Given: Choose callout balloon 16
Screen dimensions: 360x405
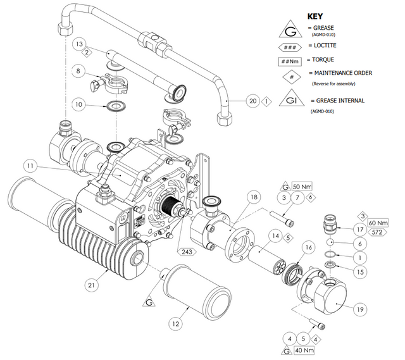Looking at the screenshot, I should [x=309, y=247].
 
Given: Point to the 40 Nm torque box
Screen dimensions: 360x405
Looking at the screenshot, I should [x=307, y=350].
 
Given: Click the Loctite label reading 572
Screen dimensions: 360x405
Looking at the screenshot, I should [x=377, y=233].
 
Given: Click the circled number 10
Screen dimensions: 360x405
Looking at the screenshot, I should [x=96, y=103].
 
